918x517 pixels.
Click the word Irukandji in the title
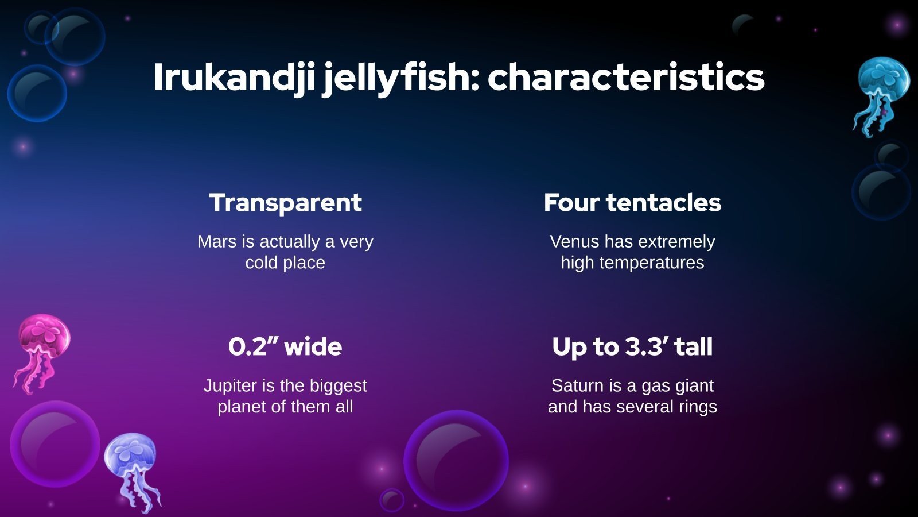234,78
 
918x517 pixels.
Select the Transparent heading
285,203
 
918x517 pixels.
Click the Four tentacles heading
632,203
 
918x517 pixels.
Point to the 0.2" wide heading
285,346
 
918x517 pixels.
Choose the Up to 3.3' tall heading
632,346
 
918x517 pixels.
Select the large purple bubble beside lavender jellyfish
55,443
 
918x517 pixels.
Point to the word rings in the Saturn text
697,407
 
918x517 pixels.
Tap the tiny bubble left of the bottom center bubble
392,500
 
